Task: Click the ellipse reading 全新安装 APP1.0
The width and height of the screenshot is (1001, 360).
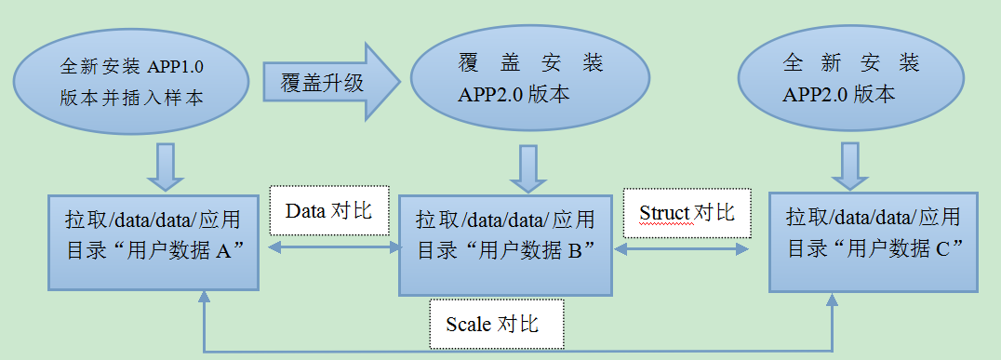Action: coord(131,82)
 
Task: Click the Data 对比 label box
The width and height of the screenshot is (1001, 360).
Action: coord(327,211)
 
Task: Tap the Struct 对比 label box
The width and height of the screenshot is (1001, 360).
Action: coord(687,212)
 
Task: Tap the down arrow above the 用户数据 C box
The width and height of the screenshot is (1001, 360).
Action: coord(848,167)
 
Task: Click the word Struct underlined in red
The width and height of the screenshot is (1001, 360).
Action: coord(664,213)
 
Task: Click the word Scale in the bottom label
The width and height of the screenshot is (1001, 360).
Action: coord(468,324)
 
